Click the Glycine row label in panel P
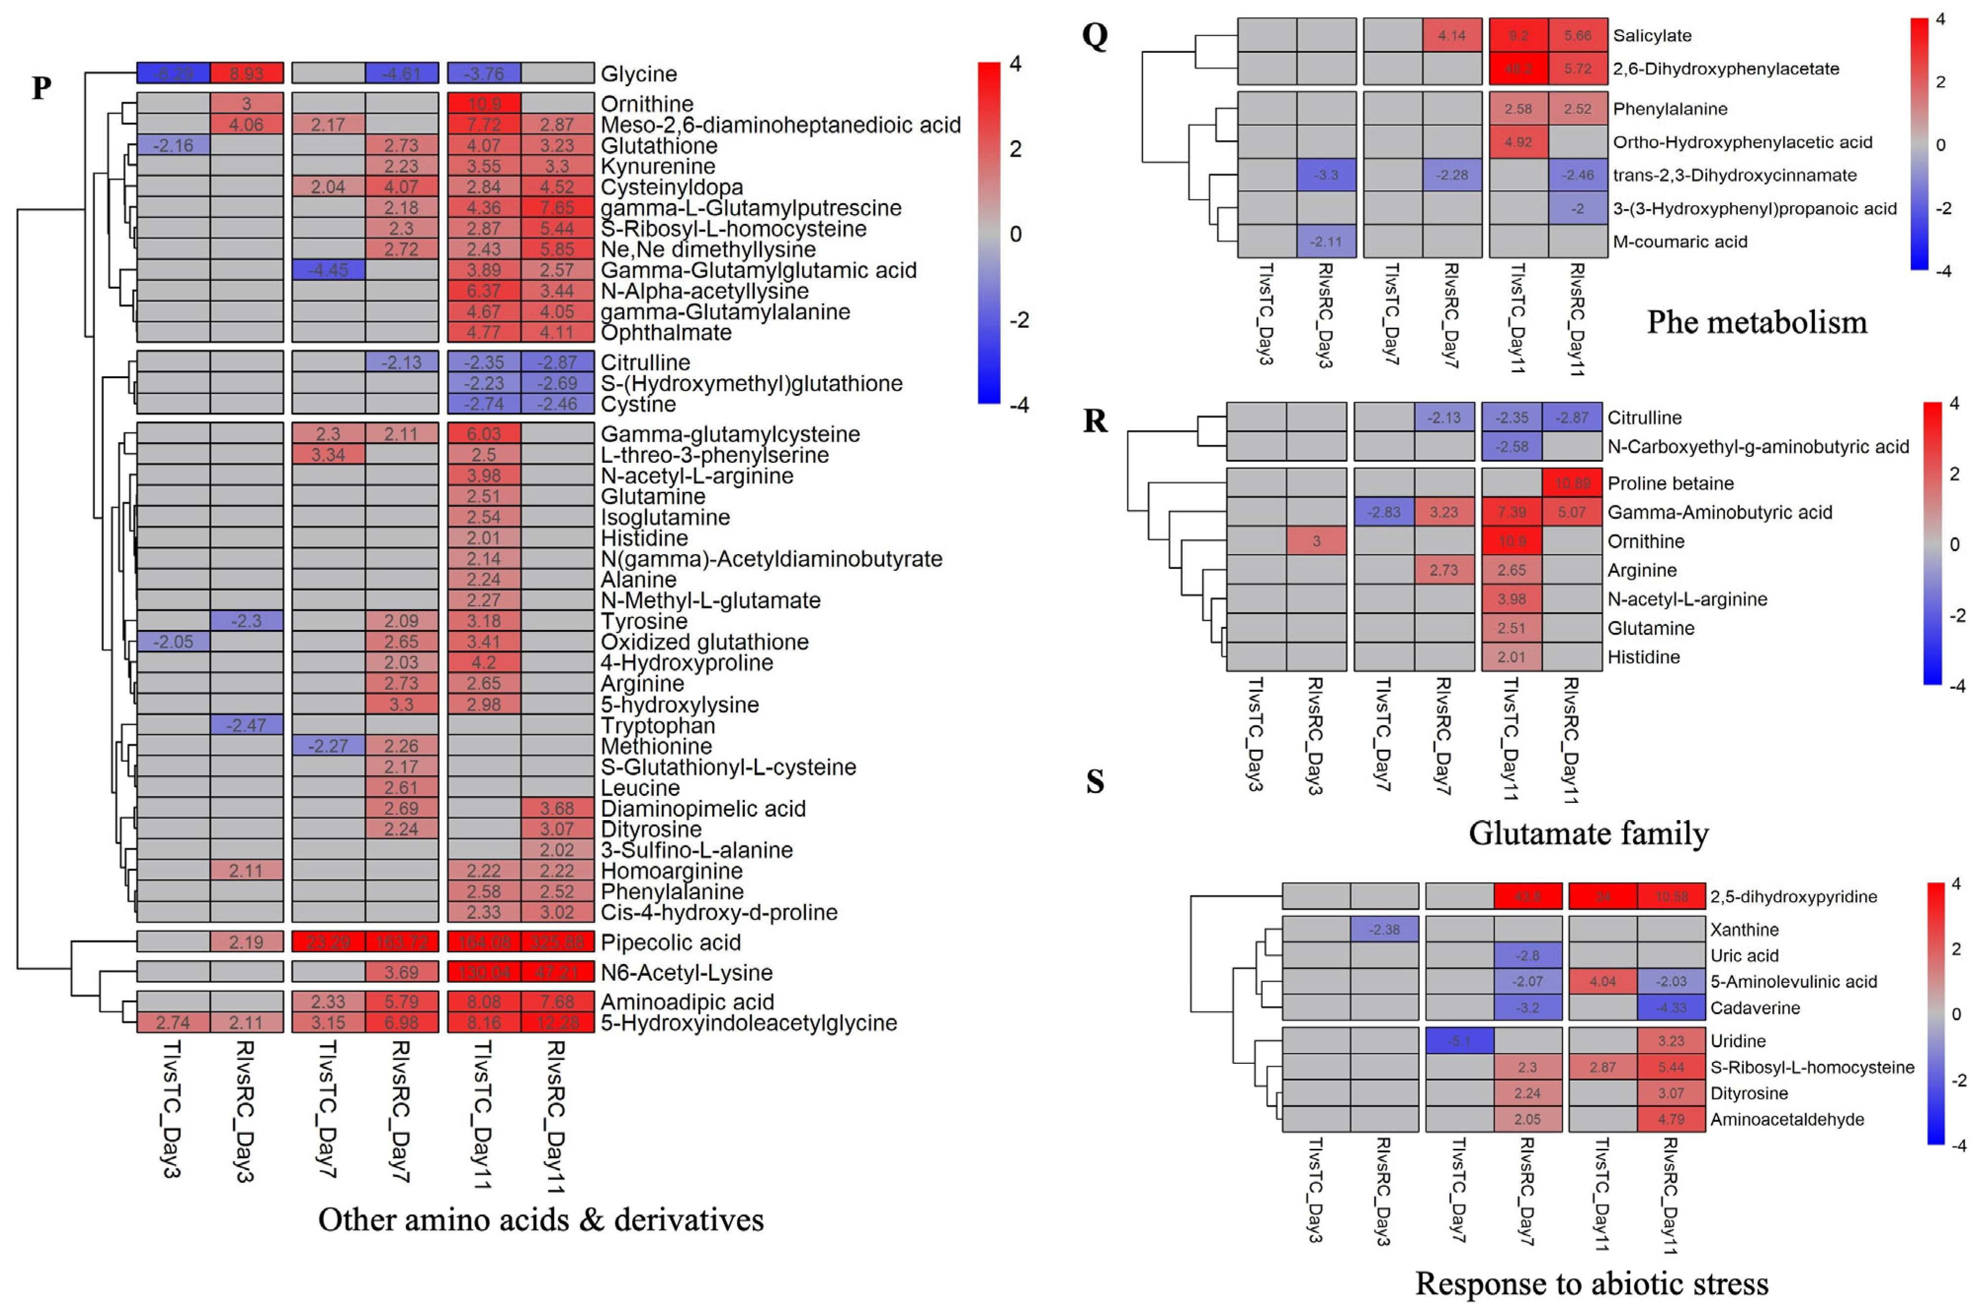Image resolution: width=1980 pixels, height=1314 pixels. pos(639,74)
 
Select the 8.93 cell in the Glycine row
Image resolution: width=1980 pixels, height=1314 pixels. pos(246,74)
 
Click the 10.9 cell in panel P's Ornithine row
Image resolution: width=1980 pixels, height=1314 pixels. pos(483,104)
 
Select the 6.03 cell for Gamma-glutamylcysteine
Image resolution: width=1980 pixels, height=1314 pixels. pos(483,434)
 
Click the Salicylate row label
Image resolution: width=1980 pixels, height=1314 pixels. pos(1651,35)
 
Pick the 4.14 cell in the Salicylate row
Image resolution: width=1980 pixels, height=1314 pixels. pos(1452,35)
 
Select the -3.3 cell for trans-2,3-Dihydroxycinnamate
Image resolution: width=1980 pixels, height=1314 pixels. pos(1327,175)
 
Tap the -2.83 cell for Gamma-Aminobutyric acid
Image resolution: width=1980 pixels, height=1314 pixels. pos(1383,512)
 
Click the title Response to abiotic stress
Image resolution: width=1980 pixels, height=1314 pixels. pos(1591,1283)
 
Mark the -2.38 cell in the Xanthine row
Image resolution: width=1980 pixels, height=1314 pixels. pos(1384,929)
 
